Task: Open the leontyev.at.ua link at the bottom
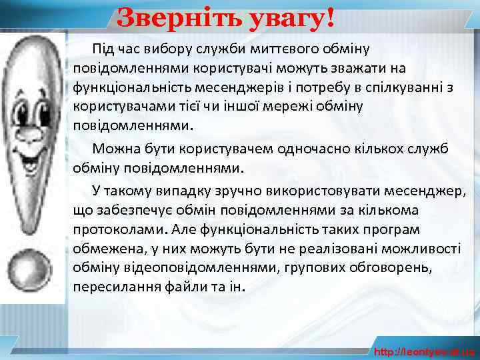(424, 351)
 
